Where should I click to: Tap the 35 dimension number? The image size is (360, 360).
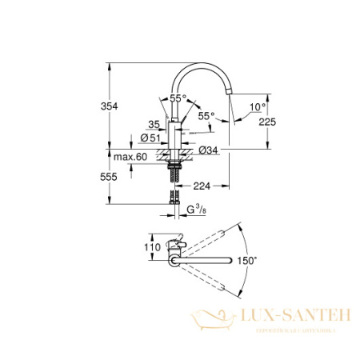tap(154, 123)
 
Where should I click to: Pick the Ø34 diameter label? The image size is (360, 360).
tap(207, 150)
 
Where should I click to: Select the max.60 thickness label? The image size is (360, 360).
tap(130, 157)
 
